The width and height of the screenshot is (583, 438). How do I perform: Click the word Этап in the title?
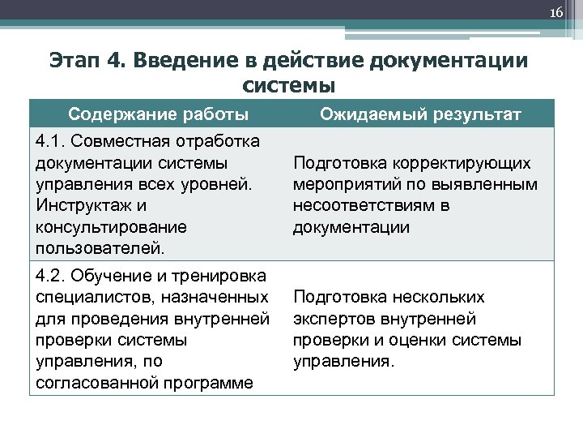click(75, 62)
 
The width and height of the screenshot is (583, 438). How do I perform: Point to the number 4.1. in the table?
click(51, 142)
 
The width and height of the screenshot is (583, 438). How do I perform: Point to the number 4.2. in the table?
click(51, 276)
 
